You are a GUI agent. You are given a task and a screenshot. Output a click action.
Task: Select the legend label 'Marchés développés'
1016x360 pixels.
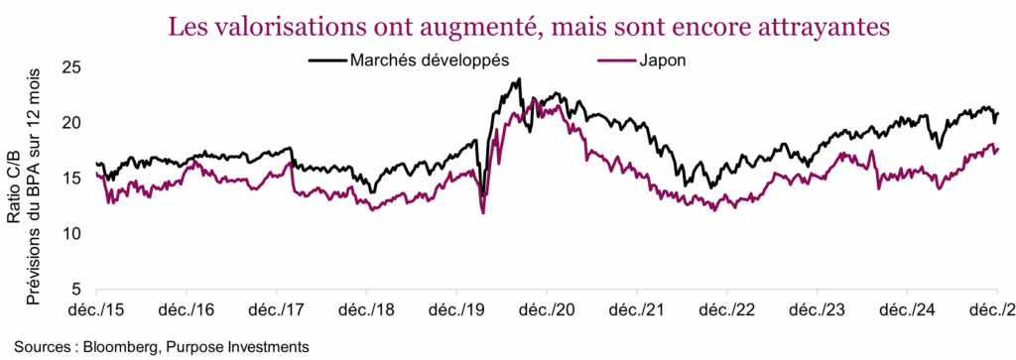click(x=430, y=60)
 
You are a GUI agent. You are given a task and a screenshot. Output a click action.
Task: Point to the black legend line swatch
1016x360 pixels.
click(x=326, y=60)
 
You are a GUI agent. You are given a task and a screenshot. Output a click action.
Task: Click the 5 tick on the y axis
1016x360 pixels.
click(x=75, y=290)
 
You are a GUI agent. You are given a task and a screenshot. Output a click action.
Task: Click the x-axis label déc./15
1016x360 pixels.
click(x=96, y=310)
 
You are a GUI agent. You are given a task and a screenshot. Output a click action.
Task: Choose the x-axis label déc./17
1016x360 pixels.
click(x=276, y=310)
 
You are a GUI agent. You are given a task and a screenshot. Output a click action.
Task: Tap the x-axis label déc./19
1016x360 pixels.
click(x=456, y=310)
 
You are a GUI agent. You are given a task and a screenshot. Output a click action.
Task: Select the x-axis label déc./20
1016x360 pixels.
click(x=547, y=310)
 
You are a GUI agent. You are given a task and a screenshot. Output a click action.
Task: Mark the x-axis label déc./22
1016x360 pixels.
click(x=726, y=310)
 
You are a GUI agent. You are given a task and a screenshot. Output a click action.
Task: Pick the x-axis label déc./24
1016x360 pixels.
click(x=907, y=310)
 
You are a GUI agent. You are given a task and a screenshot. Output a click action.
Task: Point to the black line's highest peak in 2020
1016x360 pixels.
click(x=519, y=79)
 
